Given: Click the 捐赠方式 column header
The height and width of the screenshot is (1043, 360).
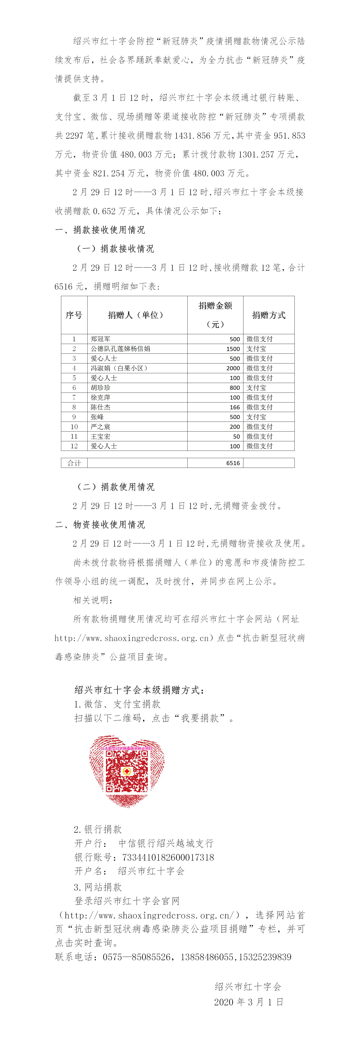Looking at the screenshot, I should [x=269, y=315].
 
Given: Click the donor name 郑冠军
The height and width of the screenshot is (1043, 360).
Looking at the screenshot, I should [x=100, y=339].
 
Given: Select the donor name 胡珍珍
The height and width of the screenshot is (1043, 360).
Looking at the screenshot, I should [x=100, y=388].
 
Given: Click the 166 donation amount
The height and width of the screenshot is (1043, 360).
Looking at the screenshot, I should [x=235, y=407].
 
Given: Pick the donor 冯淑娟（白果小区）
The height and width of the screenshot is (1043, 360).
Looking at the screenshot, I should [x=119, y=368].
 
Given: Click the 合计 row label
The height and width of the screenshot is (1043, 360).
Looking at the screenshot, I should [x=74, y=463].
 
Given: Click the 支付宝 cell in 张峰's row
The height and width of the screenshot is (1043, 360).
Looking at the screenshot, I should [x=256, y=417].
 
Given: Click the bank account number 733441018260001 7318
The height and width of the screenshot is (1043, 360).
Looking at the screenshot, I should [x=168, y=857].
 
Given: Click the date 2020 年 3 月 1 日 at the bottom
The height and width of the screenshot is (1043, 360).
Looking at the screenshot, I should [x=249, y=1002].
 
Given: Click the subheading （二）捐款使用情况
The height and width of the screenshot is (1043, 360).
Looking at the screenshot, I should [x=116, y=487].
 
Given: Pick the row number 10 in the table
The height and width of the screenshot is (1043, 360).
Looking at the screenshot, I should [x=74, y=426].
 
